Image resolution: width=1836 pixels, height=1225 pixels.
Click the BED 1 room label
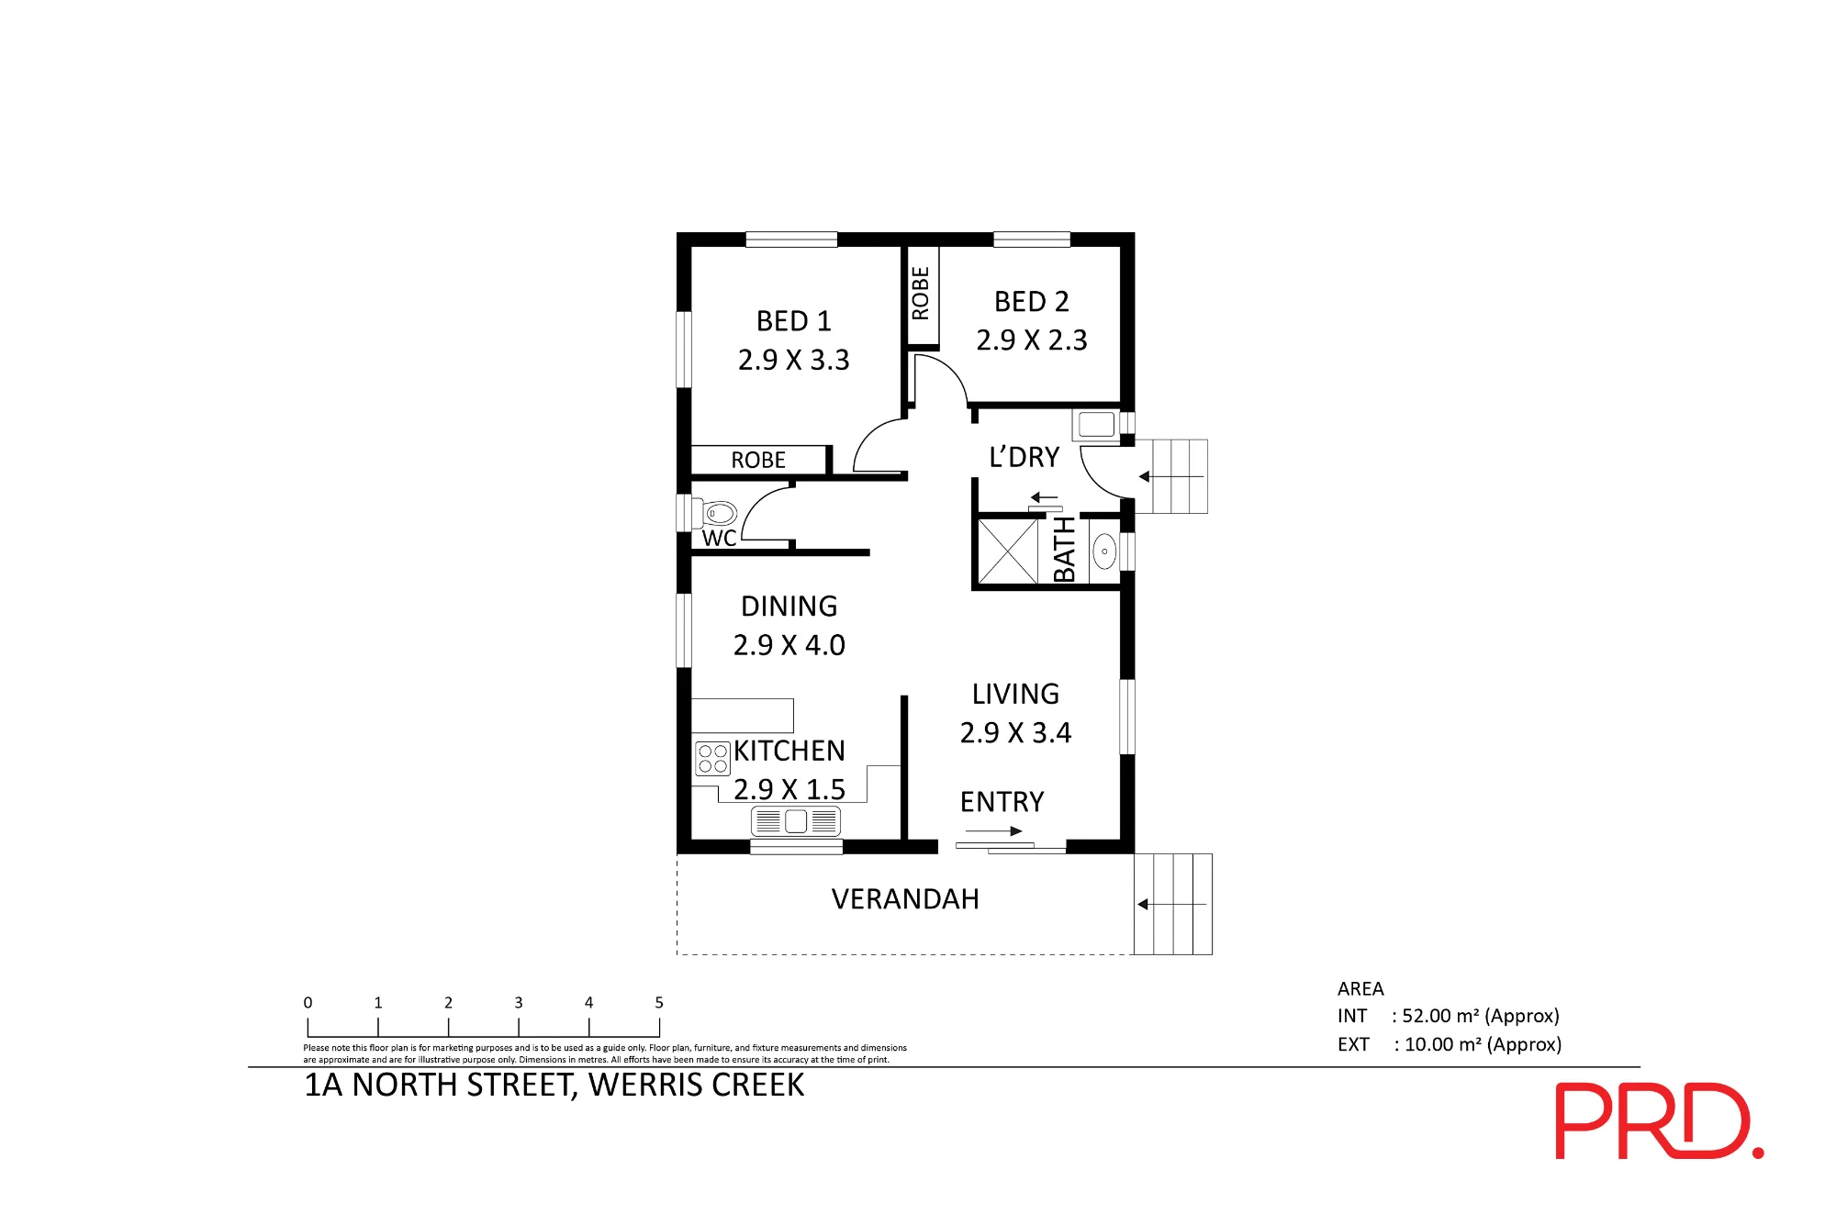(x=794, y=321)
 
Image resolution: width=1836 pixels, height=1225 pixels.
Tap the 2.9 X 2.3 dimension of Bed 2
(x=1032, y=340)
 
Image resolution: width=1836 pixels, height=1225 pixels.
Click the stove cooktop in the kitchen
(x=712, y=758)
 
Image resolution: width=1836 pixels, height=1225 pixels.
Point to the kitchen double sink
(x=796, y=820)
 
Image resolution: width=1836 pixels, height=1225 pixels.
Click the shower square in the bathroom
(x=1008, y=551)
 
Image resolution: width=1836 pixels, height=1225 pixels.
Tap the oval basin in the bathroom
(x=1104, y=551)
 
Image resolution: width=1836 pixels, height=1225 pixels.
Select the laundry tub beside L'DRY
(x=1096, y=425)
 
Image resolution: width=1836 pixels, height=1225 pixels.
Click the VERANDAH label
(x=905, y=899)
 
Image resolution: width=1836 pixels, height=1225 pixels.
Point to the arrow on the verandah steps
(x=1171, y=905)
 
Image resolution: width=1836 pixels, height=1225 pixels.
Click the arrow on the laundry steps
(x=1170, y=477)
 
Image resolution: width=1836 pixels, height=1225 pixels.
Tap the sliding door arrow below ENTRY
(x=993, y=831)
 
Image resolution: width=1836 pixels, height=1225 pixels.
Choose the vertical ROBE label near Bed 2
(x=921, y=294)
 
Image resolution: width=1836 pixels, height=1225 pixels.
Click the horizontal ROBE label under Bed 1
(x=758, y=460)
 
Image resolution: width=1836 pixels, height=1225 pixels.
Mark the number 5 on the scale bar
(x=659, y=1003)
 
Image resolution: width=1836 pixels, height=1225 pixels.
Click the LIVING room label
(x=1015, y=694)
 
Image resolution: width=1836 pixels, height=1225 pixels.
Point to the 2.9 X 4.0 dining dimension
(x=789, y=645)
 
